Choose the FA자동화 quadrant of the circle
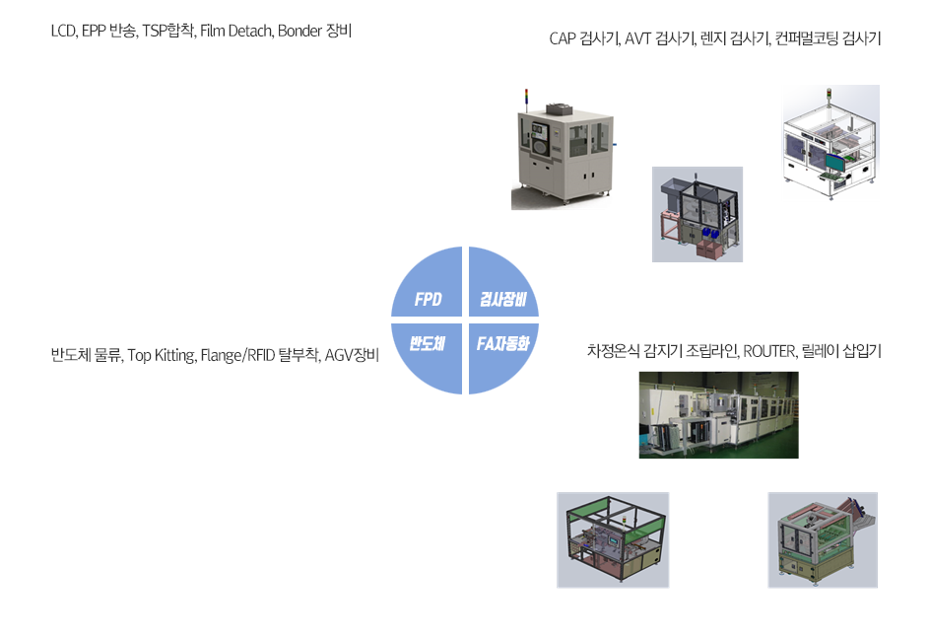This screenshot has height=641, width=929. (x=502, y=344)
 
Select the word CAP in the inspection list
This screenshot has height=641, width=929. (x=564, y=39)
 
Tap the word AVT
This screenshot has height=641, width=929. (x=641, y=39)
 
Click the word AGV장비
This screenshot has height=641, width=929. (x=351, y=355)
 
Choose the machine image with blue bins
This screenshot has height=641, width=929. (x=697, y=214)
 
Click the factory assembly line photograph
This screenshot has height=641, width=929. (x=718, y=415)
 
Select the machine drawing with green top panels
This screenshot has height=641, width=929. (x=613, y=539)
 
